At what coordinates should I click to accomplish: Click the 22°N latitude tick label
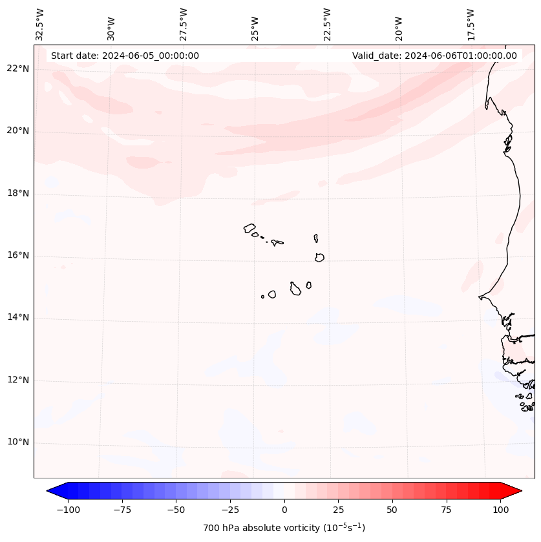(17, 69)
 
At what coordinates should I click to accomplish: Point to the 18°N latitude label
(17, 193)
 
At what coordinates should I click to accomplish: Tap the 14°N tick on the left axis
(17, 318)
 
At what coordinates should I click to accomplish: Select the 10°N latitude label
(17, 443)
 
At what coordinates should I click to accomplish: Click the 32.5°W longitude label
(40, 25)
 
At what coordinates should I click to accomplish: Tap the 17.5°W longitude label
(471, 25)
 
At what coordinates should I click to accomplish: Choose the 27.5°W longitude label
(184, 25)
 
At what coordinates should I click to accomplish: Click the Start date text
(125, 56)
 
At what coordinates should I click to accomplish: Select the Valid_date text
(434, 56)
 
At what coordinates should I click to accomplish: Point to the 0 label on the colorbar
(284, 510)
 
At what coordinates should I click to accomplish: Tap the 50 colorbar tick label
(392, 510)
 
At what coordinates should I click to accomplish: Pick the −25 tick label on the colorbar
(230, 510)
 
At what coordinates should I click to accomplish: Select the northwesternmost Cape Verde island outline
(249, 228)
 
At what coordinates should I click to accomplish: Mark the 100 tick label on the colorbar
(500, 510)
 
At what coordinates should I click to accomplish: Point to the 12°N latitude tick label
(17, 380)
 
